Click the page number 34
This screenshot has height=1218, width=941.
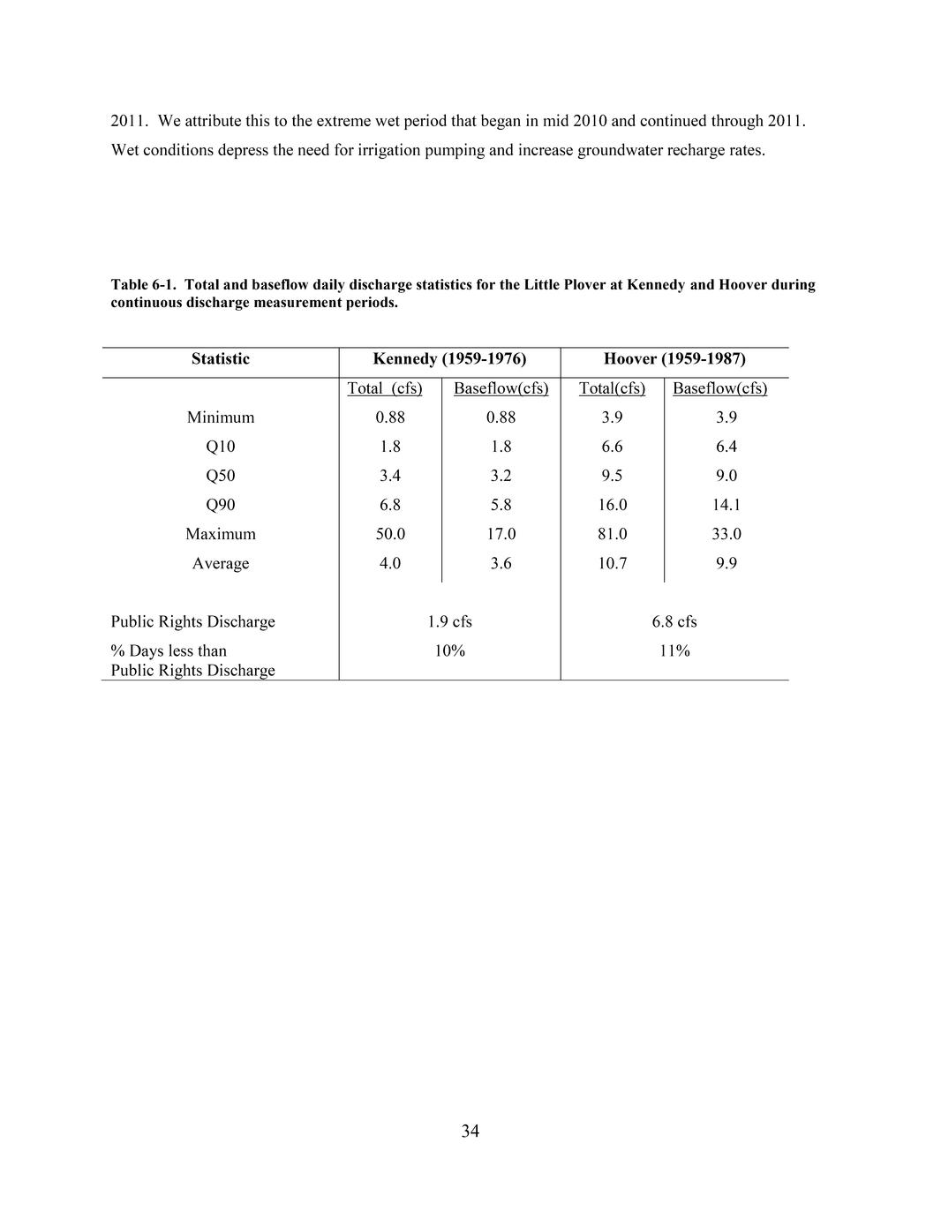pos(470,1131)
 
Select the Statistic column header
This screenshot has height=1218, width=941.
pos(220,358)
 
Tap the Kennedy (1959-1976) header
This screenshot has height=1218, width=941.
pos(449,358)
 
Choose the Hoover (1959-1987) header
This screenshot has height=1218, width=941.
pos(674,358)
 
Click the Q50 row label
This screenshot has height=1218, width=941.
pos(220,476)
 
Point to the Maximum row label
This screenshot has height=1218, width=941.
pos(220,534)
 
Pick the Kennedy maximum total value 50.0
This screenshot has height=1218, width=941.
pos(390,534)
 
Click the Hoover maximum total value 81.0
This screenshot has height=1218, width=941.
pos(612,534)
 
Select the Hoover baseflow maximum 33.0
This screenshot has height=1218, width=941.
pos(726,534)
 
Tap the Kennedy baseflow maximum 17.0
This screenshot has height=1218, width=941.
pos(501,534)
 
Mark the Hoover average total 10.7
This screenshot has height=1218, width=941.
pos(612,563)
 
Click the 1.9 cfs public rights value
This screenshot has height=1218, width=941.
pos(449,621)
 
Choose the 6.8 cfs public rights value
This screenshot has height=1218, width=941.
pos(674,621)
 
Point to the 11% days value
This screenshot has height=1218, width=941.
pos(674,650)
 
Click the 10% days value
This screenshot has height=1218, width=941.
pos(449,650)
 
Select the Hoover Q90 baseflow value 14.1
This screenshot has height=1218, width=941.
pos(726,505)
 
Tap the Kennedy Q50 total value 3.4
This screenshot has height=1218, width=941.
pos(390,476)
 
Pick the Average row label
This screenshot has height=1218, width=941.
pos(220,563)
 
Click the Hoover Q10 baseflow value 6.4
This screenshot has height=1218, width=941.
pos(726,447)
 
